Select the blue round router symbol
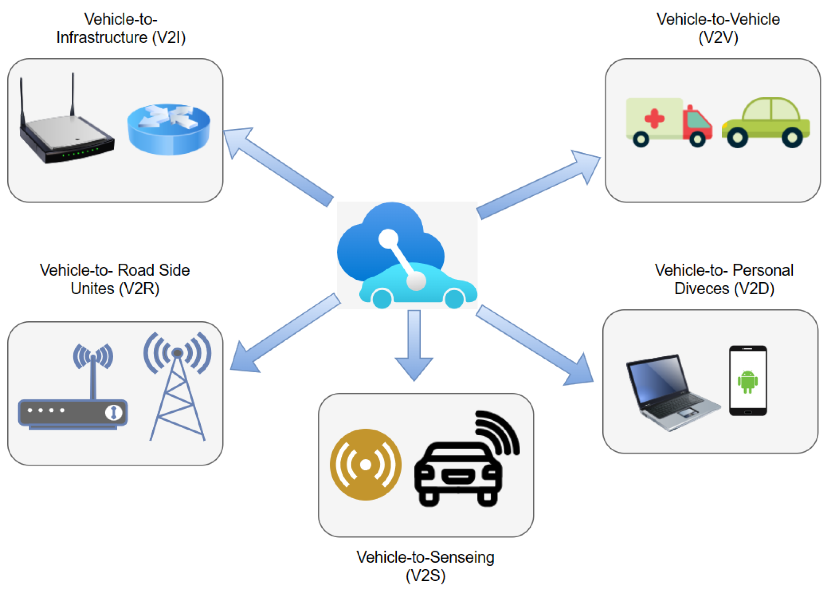pyautogui.click(x=169, y=129)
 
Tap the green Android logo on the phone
pyautogui.click(x=747, y=381)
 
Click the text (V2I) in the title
pyautogui.click(x=169, y=37)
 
